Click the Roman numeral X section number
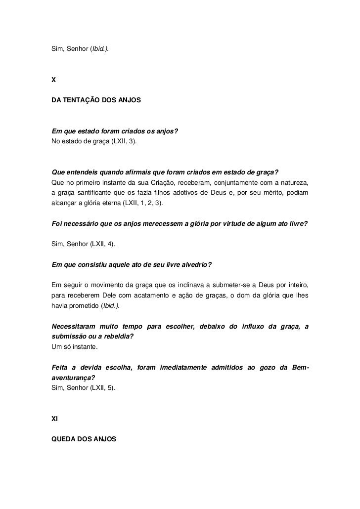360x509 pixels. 54,79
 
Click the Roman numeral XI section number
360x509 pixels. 55,419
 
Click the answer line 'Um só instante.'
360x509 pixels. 75,347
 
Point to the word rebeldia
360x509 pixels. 117,337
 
